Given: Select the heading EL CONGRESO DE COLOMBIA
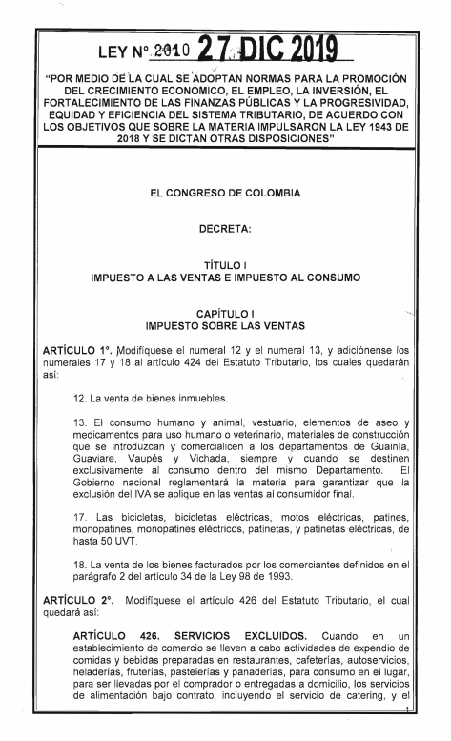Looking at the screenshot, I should tap(225, 193).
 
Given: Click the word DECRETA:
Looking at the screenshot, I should tap(225, 229).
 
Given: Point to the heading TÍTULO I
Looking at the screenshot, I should tap(225, 265).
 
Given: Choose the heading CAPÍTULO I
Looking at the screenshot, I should tap(225, 313).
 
